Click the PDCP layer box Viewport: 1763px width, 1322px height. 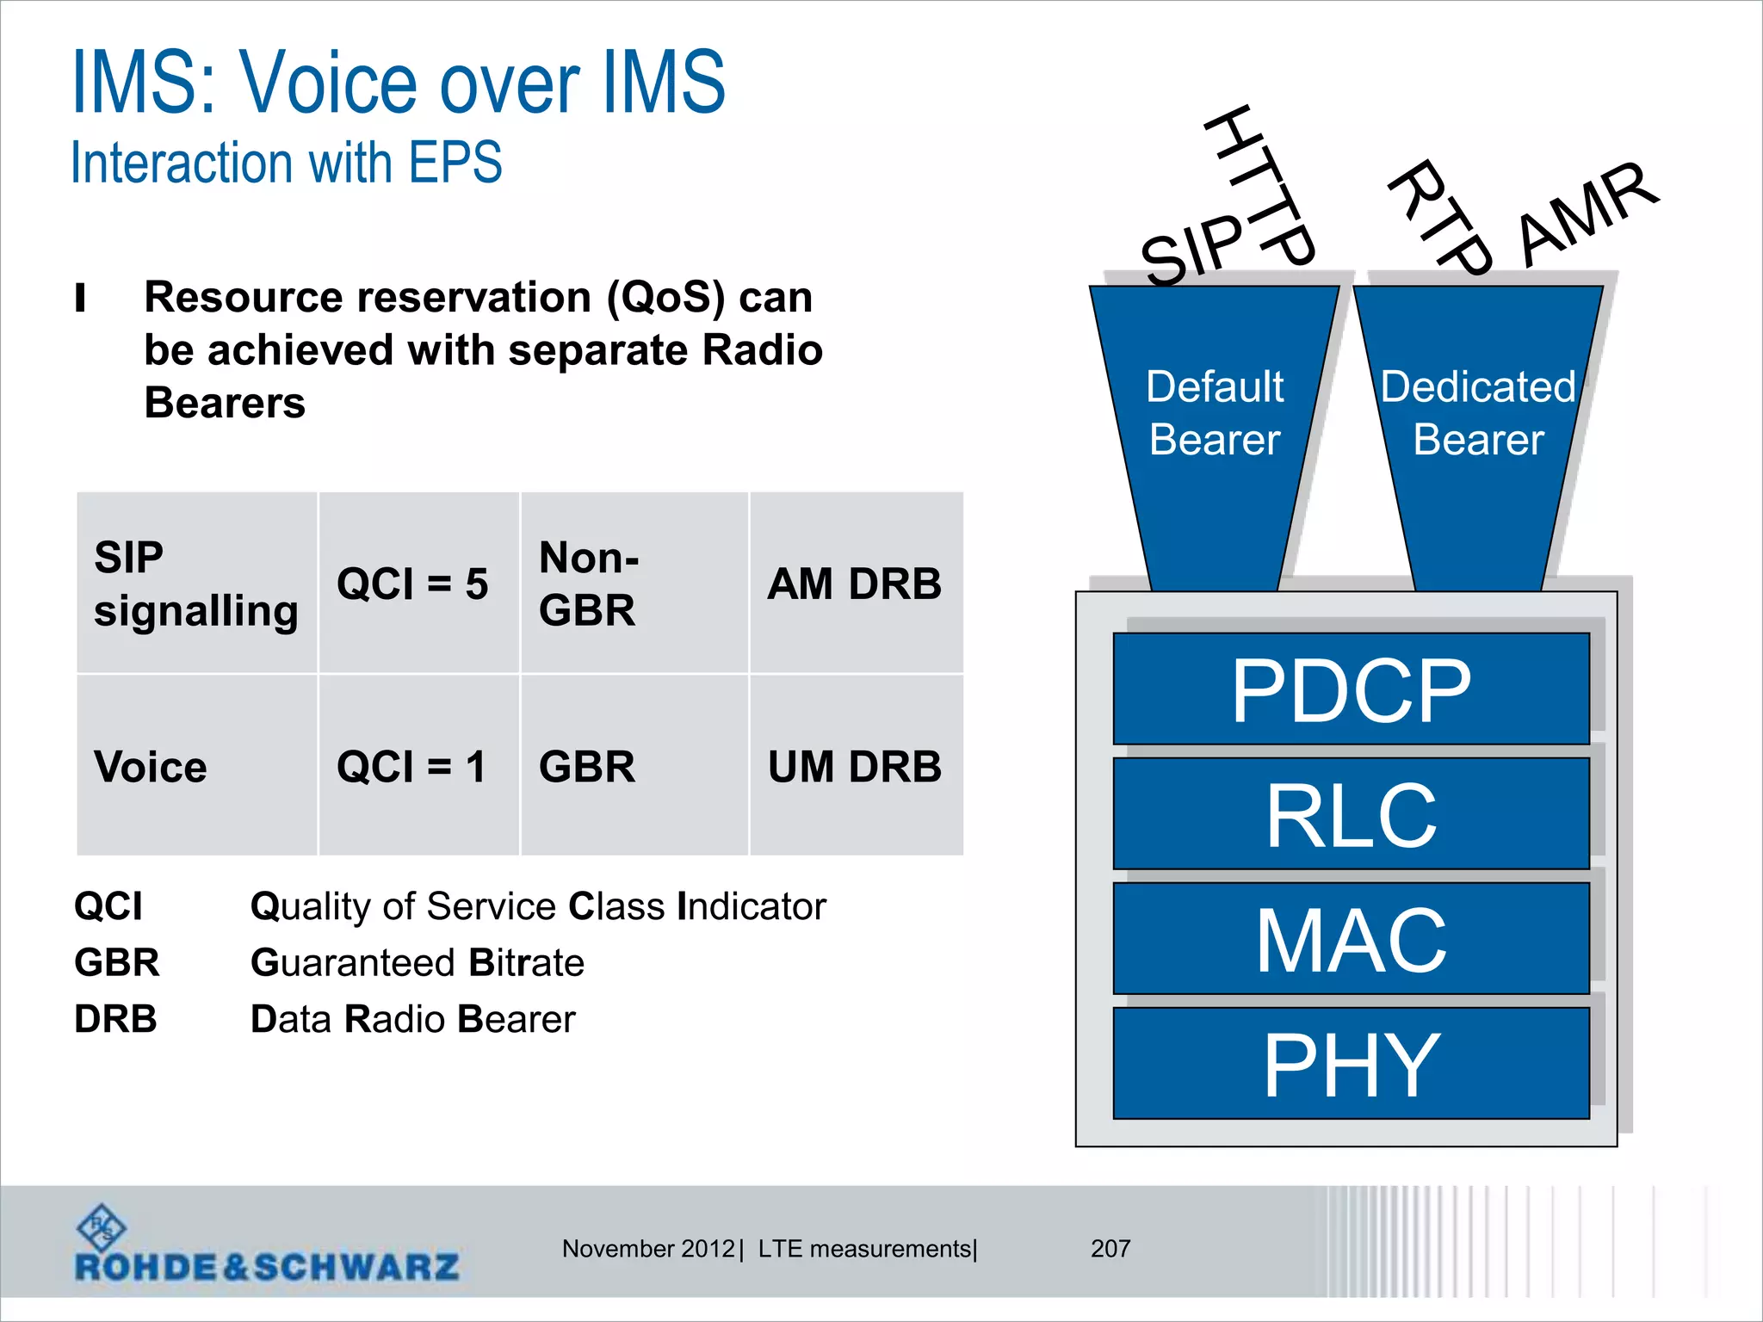pyautogui.click(x=1351, y=689)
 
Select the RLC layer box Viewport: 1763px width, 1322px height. pyautogui.click(x=1351, y=813)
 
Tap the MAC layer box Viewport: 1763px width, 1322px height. pyautogui.click(x=1351, y=938)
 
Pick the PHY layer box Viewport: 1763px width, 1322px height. pyautogui.click(x=1351, y=1064)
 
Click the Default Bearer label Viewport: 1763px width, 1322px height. pyautogui.click(x=1215, y=412)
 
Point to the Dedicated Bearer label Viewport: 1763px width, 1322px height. pyautogui.click(x=1478, y=412)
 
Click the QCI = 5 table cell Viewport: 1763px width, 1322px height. pyautogui.click(x=413, y=584)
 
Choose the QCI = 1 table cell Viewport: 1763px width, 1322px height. pyautogui.click(x=413, y=766)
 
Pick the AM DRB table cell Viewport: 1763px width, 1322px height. pyautogui.click(x=855, y=584)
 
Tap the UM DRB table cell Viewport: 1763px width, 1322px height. pyautogui.click(x=855, y=766)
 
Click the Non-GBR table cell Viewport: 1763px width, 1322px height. pyautogui.click(x=589, y=584)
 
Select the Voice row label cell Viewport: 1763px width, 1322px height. pyautogui.click(x=152, y=766)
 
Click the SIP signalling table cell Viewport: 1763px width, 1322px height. pyautogui.click(x=195, y=584)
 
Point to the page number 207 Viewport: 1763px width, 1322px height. pyautogui.click(x=1110, y=1248)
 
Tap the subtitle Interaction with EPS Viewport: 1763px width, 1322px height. pyautogui.click(x=287, y=162)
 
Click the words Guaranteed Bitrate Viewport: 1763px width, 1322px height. pyautogui.click(x=418, y=962)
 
